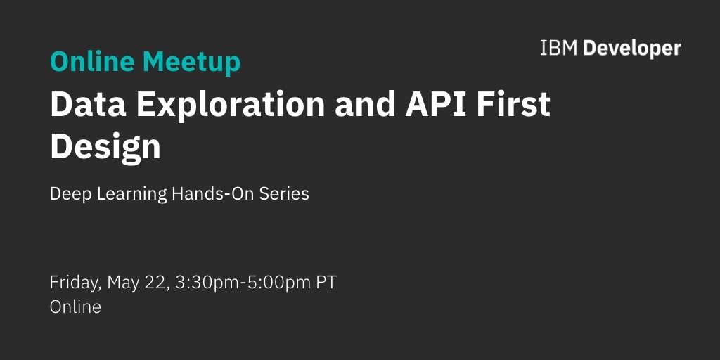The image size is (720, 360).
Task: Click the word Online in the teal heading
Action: (92, 61)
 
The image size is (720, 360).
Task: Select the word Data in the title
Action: (88, 104)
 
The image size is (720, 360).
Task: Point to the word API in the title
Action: (435, 104)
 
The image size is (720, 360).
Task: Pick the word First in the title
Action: (513, 104)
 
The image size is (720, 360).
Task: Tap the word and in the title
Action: (365, 104)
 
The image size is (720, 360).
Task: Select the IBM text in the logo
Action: (558, 49)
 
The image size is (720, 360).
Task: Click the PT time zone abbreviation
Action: (326, 283)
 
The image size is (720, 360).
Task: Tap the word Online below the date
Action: (75, 307)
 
